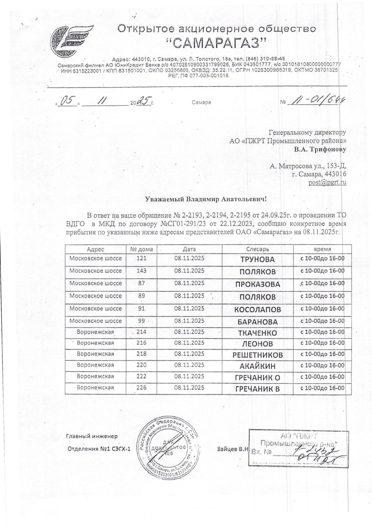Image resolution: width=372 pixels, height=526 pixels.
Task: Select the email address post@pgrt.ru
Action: point(327,182)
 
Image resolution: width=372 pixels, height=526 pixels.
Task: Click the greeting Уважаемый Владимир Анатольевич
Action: point(206,198)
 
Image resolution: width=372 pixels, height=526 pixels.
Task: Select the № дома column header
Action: point(141,249)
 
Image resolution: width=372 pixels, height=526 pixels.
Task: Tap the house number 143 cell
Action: point(141,271)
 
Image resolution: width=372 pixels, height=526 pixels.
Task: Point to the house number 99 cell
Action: point(141,321)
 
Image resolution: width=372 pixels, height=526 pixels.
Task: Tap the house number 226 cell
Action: point(141,387)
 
